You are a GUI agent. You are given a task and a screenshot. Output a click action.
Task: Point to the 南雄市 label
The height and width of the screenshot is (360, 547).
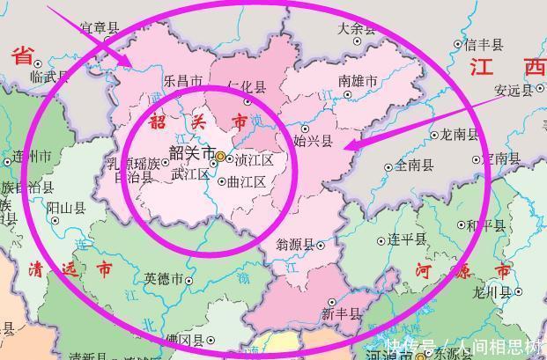tap(358, 81)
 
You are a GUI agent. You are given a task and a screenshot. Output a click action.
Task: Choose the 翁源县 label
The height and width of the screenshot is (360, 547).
tap(295, 245)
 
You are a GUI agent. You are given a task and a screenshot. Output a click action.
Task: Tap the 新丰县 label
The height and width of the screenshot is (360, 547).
tap(341, 312)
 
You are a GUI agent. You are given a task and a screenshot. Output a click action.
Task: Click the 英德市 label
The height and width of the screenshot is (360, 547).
tap(163, 279)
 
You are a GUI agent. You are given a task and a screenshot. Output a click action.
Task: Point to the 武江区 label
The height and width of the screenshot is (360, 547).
tap(189, 174)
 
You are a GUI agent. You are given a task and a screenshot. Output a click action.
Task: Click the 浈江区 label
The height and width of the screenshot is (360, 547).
tap(255, 160)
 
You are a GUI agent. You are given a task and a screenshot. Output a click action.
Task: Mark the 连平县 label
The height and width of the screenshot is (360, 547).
tap(408, 239)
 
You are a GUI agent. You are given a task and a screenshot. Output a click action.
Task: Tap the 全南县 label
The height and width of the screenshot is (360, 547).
tap(414, 165)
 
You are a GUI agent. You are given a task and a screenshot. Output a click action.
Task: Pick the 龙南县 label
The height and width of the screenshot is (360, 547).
tap(459, 135)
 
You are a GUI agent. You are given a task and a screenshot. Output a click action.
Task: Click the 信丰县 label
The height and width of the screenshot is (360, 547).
tap(483, 44)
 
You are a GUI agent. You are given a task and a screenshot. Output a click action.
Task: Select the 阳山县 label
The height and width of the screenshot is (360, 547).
tap(65, 209)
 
